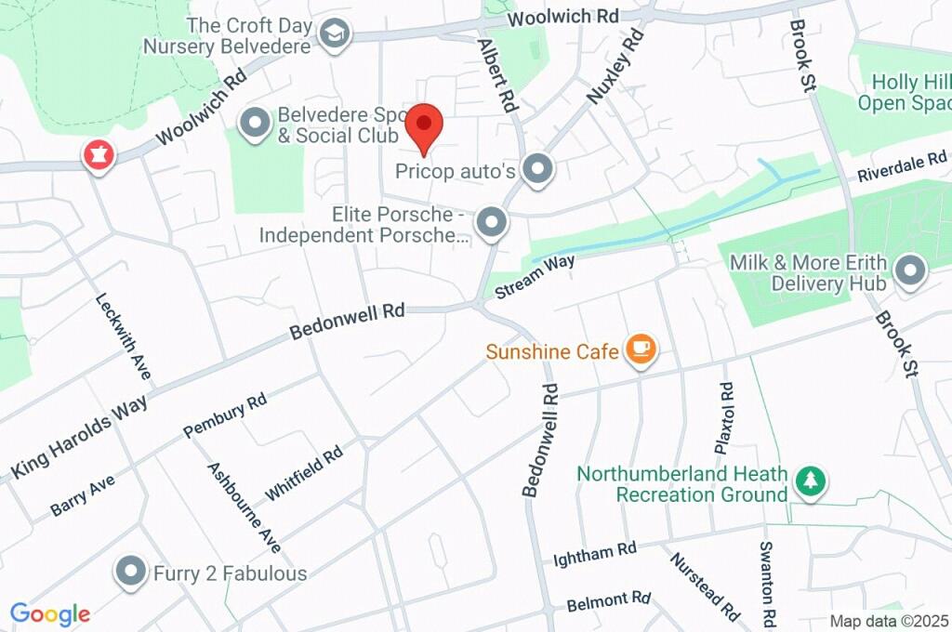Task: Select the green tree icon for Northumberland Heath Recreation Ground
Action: [812, 481]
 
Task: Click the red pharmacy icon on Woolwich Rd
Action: [98, 154]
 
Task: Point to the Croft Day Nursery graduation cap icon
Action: [331, 34]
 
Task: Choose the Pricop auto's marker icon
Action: [536, 170]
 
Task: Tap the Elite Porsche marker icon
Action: [491, 223]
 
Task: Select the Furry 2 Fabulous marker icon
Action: [131, 572]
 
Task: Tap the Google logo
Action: [50, 613]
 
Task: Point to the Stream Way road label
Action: [535, 276]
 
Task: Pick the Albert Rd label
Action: [496, 75]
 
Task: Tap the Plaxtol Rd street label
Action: [724, 417]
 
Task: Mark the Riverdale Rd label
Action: [901, 166]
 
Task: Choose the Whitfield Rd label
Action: [304, 471]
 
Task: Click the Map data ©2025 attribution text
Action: [889, 621]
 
